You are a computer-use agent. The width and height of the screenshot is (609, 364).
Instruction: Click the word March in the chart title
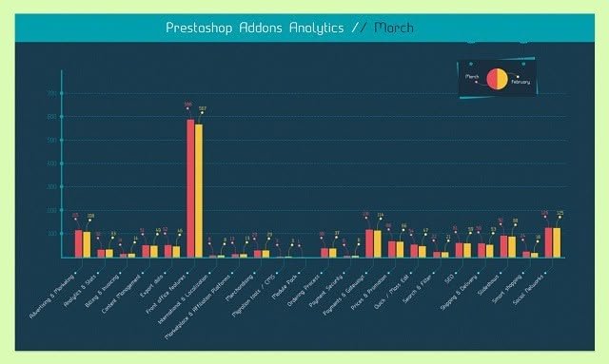click(394, 29)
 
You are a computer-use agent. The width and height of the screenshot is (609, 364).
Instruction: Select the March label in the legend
click(471, 75)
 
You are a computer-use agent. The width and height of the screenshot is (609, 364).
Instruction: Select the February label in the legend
click(521, 82)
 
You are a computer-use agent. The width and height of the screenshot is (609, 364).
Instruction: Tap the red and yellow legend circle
click(497, 79)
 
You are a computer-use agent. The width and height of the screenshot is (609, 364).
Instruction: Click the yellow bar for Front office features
click(199, 191)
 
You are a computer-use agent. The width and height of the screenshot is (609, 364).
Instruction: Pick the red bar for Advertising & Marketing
click(79, 243)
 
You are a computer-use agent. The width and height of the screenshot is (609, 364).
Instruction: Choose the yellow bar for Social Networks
click(558, 242)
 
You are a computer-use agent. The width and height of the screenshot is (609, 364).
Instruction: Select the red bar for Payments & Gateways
click(370, 243)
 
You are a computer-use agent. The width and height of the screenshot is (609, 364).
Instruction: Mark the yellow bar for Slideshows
click(513, 246)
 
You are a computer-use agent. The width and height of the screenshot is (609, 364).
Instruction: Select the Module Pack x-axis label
click(285, 278)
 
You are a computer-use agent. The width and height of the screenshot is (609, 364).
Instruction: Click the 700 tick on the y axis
click(52, 94)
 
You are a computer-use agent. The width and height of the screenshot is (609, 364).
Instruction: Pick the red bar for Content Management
click(146, 251)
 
